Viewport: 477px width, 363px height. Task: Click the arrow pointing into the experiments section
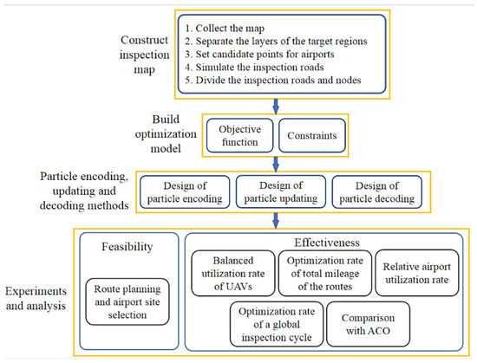(276, 218)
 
